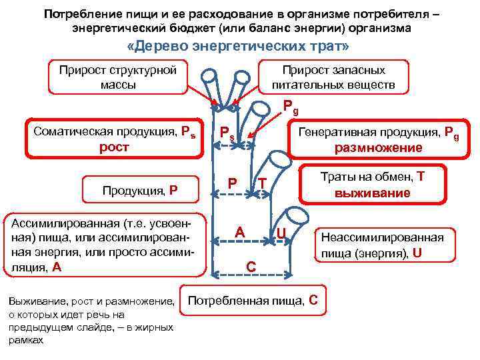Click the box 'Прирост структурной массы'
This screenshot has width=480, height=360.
click(x=117, y=77)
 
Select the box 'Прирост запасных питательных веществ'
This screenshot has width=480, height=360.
click(x=333, y=77)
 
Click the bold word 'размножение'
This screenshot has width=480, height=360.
click(x=378, y=147)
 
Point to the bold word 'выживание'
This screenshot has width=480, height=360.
click(x=374, y=193)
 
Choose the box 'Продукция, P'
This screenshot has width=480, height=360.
click(x=140, y=189)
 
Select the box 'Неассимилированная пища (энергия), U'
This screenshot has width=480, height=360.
click(x=382, y=245)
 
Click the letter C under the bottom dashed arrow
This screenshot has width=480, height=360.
click(x=251, y=266)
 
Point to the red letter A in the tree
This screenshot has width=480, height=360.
click(x=241, y=232)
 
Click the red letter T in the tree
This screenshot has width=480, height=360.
click(x=263, y=183)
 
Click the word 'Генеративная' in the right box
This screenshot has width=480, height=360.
click(x=333, y=131)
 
